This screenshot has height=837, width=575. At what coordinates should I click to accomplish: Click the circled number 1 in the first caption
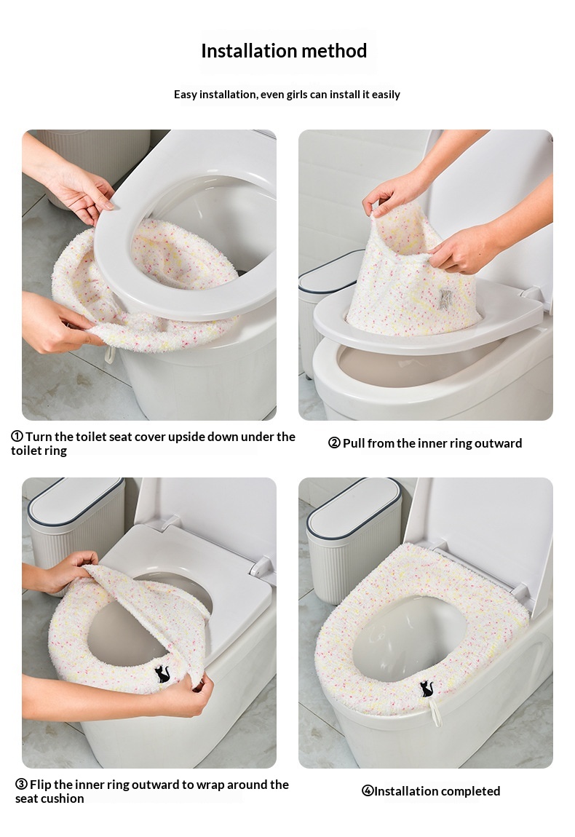(x=17, y=436)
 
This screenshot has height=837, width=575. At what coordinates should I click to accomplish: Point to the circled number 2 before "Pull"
(x=334, y=443)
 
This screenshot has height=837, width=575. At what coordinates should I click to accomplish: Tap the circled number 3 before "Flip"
(x=21, y=784)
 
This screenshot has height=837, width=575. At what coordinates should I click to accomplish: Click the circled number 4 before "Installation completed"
(x=368, y=790)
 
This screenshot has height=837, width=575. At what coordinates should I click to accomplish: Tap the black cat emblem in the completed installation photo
(x=427, y=689)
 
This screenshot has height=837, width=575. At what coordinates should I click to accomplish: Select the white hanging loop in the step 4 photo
(x=436, y=713)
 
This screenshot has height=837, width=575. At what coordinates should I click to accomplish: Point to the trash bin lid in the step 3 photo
(x=75, y=499)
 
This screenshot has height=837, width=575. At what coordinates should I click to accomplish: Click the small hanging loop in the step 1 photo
(x=109, y=354)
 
